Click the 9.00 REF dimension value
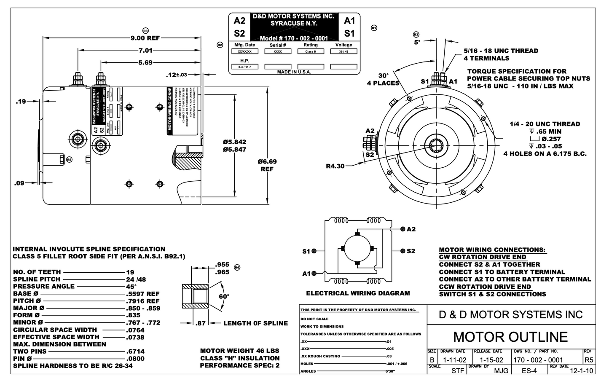(145, 38)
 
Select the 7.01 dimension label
(145, 51)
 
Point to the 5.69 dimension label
(145, 63)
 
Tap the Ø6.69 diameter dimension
(267, 162)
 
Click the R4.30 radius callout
(335, 166)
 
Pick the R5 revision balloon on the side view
(69, 159)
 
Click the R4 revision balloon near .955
(237, 267)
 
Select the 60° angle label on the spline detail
(224, 296)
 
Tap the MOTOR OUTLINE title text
(510, 337)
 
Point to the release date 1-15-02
(488, 360)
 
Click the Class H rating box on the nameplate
(311, 51)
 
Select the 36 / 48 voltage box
(343, 51)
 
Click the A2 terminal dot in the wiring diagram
(402, 229)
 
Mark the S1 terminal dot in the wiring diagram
(314, 251)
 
